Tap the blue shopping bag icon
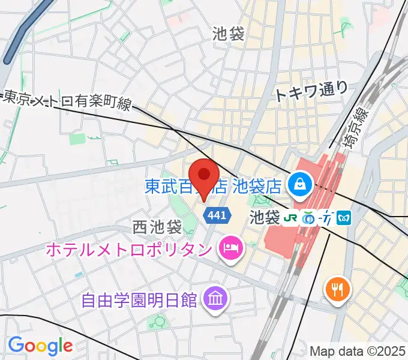pyautogui.click(x=299, y=183)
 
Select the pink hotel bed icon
pyautogui.click(x=230, y=246)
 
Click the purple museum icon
pyautogui.click(x=213, y=296)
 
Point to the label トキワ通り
pyautogui.click(x=311, y=90)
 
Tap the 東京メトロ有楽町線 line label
pyautogui.click(x=68, y=100)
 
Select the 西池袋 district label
pyautogui.click(x=157, y=227)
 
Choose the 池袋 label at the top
pyautogui.click(x=228, y=34)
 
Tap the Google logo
pyautogui.click(x=40, y=346)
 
